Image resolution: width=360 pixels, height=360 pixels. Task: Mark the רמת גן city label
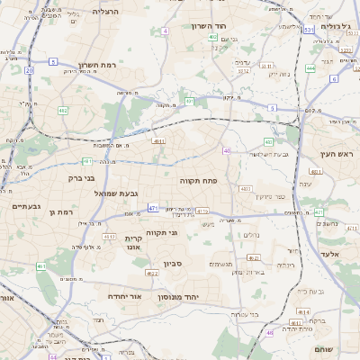point(61,212)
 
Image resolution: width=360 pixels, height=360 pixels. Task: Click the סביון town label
point(173,265)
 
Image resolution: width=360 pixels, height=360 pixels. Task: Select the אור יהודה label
point(116,295)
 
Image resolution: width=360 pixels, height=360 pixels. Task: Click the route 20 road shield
point(30,69)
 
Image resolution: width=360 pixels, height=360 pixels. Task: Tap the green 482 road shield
point(62,110)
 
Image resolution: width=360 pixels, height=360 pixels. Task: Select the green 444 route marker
point(310,67)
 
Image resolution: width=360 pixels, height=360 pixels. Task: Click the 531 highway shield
point(309,31)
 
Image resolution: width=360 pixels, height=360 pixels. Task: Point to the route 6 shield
point(333,78)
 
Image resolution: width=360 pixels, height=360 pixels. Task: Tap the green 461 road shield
point(40,266)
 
